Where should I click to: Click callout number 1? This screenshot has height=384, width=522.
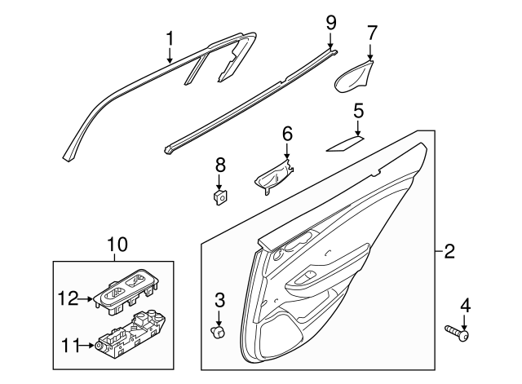[x=170, y=38]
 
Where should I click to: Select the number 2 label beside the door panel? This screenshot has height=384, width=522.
[x=449, y=252]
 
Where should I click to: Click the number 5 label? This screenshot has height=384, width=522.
[x=358, y=110]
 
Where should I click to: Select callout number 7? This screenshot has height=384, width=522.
[x=372, y=33]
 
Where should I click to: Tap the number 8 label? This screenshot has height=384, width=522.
[x=219, y=165]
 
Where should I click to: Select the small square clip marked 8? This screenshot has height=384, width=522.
[x=219, y=196]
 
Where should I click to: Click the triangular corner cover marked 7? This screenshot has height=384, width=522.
[x=353, y=77]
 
